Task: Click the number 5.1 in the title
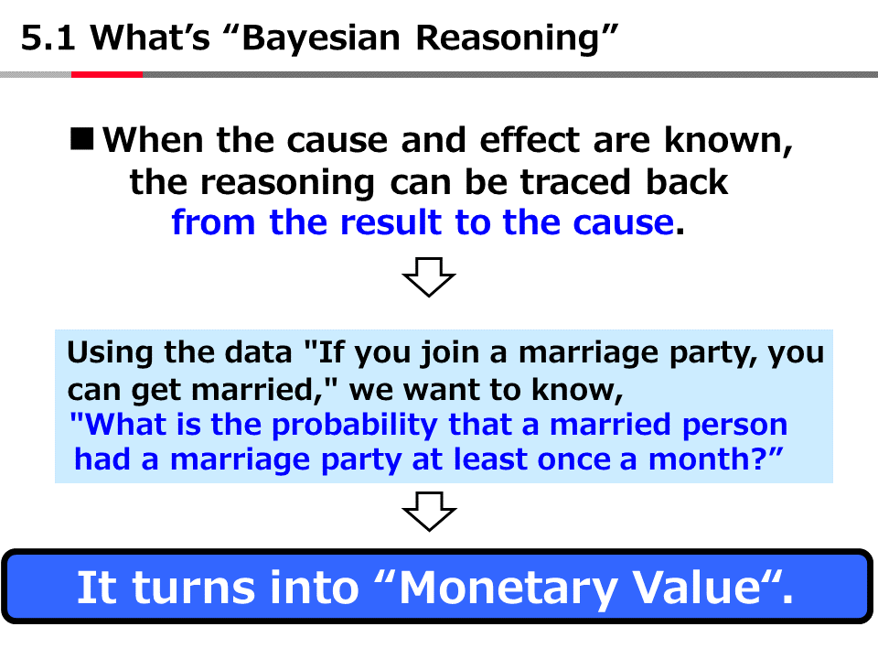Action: [48, 38]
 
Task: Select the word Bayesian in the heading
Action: [321, 39]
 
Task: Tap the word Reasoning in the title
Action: [508, 39]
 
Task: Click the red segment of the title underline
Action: [107, 74]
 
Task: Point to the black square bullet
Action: [81, 139]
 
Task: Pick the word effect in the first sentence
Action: [530, 139]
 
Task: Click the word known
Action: [728, 139]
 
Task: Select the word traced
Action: [575, 183]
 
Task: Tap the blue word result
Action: [391, 222]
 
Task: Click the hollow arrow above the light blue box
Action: [429, 276]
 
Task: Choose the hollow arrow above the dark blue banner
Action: [430, 511]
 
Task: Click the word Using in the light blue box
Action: [110, 353]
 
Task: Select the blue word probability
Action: [354, 425]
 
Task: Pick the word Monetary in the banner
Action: [508, 589]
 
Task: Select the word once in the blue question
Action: [573, 460]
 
